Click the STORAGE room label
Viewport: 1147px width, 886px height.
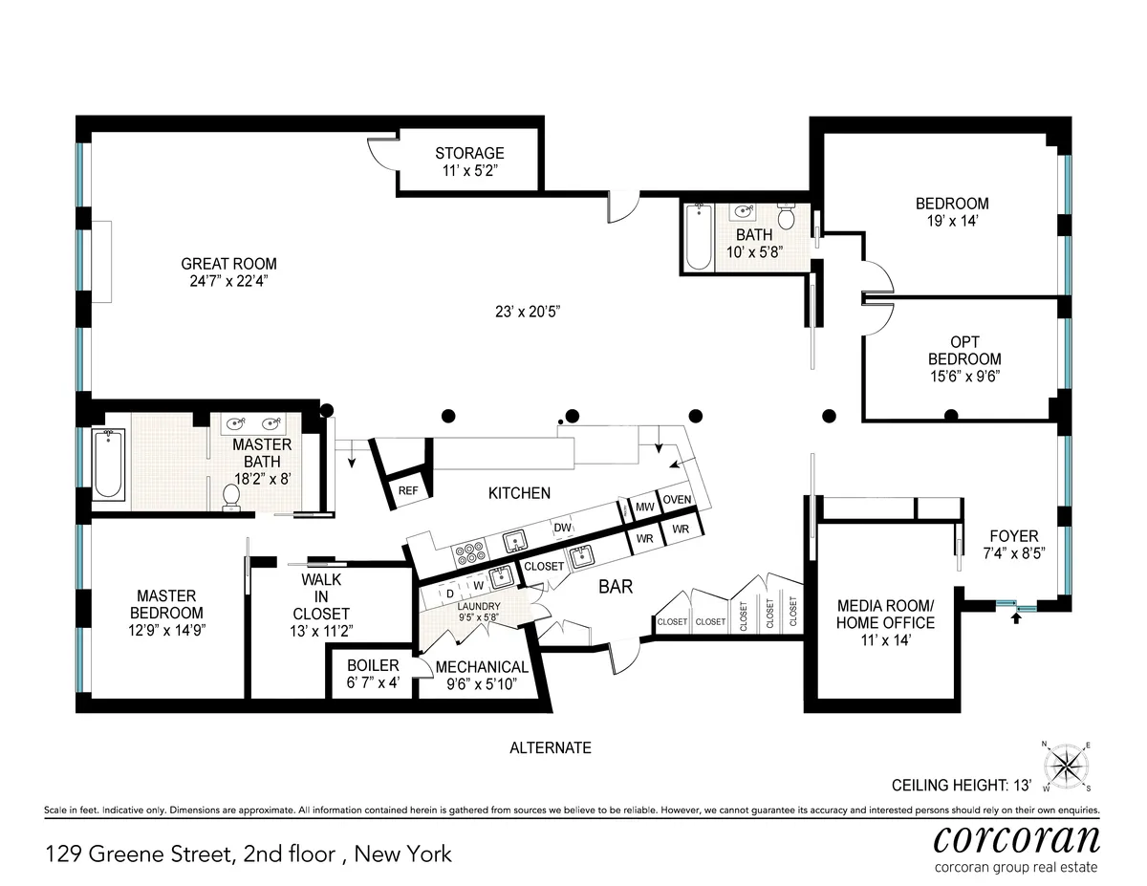click(469, 153)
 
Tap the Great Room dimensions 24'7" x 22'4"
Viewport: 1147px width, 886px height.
click(228, 281)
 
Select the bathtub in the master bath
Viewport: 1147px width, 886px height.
click(108, 464)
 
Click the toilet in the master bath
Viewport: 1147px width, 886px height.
click(230, 497)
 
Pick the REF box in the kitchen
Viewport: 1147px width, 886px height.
click(408, 490)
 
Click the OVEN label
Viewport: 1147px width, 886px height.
click(677, 500)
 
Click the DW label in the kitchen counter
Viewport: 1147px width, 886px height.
click(562, 528)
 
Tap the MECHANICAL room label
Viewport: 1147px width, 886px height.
click(482, 667)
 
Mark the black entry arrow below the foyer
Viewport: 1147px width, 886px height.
click(1016, 618)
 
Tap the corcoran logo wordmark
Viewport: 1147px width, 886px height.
click(1015, 838)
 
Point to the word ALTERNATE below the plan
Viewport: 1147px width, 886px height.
click(551, 747)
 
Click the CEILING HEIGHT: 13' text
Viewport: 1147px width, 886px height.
click(962, 786)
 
